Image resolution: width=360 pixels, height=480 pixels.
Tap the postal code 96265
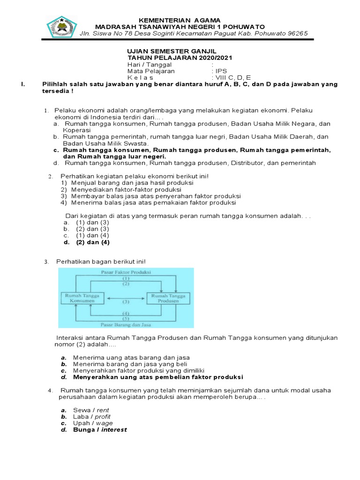point(297,33)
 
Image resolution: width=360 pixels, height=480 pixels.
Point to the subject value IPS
point(221,71)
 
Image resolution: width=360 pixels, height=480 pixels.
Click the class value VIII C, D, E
point(233,78)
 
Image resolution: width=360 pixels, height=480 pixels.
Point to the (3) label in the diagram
point(126,302)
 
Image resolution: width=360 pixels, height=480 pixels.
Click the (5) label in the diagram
point(126,318)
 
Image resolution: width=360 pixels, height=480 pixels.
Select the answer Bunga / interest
point(100,429)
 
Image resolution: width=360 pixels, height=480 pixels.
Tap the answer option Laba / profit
point(92,416)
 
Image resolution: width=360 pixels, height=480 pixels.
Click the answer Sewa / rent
point(91,410)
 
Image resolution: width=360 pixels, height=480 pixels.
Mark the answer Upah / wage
point(93,423)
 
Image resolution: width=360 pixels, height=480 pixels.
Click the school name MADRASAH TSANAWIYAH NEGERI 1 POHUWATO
point(180,27)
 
